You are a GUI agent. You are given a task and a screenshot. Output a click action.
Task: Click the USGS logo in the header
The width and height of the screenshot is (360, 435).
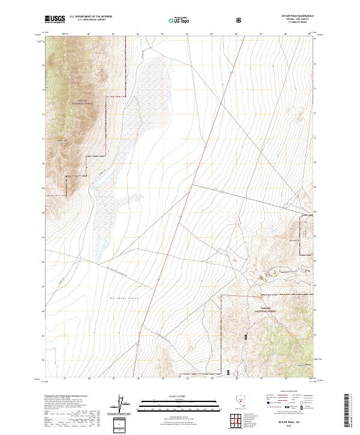coord(56,20)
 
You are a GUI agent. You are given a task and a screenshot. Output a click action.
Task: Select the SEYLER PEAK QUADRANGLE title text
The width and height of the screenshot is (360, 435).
coord(292,17)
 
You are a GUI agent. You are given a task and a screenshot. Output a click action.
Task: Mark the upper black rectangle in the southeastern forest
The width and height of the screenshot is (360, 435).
coord(246,338)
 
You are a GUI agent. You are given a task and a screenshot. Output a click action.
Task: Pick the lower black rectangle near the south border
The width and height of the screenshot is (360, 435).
coord(228,372)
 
